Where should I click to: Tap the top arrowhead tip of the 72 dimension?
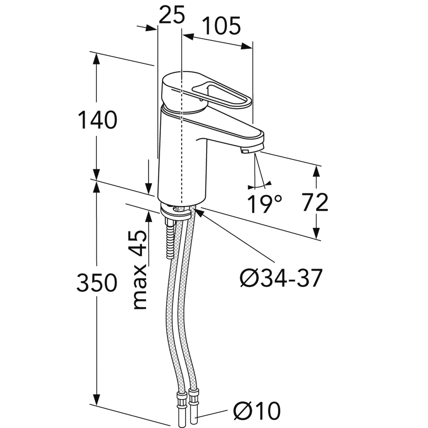click(x=317, y=165)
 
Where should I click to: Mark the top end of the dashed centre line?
click(x=182, y=29)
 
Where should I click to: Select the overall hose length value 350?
click(x=97, y=283)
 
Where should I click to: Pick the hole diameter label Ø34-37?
click(x=281, y=278)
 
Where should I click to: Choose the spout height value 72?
click(x=315, y=202)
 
